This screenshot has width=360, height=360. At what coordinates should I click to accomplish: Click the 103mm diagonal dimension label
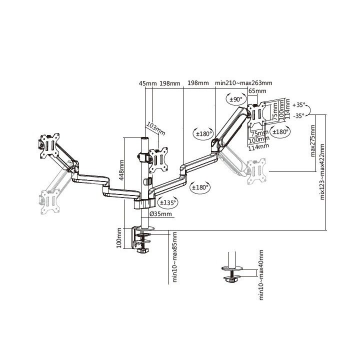pos(156,129)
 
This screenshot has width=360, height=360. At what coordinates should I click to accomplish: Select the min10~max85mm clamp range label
pos(175,257)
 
